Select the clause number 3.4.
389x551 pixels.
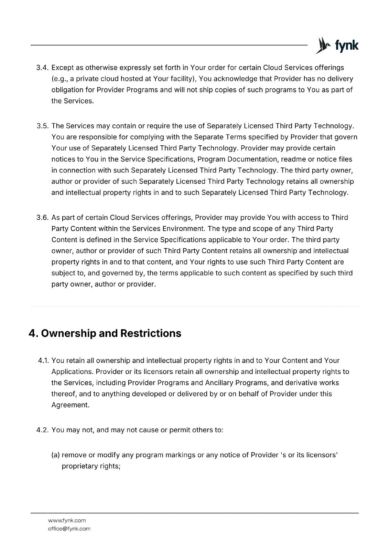(x=43, y=67)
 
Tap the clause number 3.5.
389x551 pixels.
(x=43, y=126)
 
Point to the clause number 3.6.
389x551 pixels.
(x=43, y=218)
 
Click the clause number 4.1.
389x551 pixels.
(x=44, y=361)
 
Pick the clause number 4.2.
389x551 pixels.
(x=43, y=430)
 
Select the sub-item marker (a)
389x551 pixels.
(x=56, y=455)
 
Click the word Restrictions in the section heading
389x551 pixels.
(x=151, y=333)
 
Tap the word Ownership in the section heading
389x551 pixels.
(x=68, y=333)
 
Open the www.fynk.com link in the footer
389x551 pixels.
(x=67, y=520)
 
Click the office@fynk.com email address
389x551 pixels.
(x=69, y=529)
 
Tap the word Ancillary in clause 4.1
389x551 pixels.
(x=220, y=383)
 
